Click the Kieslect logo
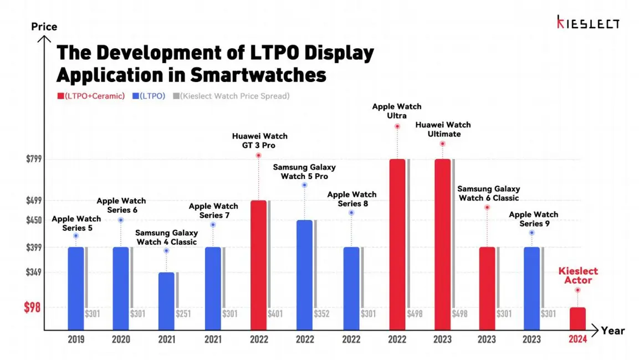pyautogui.click(x=588, y=22)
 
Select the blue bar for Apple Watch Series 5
pyautogui.click(x=76, y=288)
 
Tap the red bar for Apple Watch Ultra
pyautogui.click(x=397, y=244)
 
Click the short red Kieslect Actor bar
pyautogui.click(x=577, y=318)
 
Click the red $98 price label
pyautogui.click(x=32, y=307)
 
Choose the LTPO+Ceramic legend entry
pyautogui.click(x=91, y=96)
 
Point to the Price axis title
pyautogui.click(x=44, y=27)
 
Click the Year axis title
pyautogui.click(x=612, y=331)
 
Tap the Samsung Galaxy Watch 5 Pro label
pyautogui.click(x=304, y=172)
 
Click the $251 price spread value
pyautogui.click(x=183, y=314)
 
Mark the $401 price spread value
pyautogui.click(x=275, y=314)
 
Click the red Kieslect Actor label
pyautogui.click(x=577, y=275)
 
